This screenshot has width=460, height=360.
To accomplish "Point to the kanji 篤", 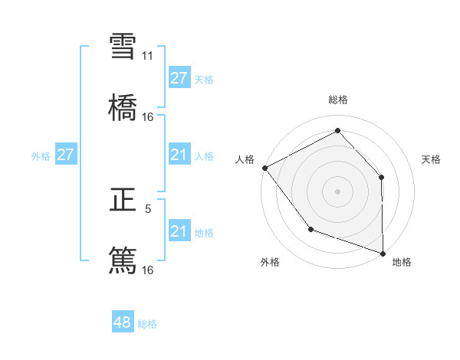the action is click(x=123, y=260).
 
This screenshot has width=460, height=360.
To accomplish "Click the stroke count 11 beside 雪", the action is click(x=148, y=56).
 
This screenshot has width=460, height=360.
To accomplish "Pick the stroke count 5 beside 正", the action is click(x=148, y=208).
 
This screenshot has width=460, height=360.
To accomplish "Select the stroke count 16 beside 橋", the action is click(x=148, y=116).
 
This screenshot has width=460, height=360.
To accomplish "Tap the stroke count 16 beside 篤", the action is click(x=148, y=270).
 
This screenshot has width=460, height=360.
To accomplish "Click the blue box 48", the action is click(x=123, y=322).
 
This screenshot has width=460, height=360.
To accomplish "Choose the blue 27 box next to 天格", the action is click(x=179, y=78).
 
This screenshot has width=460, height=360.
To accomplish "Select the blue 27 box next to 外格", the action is click(x=65, y=155).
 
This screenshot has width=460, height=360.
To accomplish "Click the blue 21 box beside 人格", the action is click(x=179, y=155).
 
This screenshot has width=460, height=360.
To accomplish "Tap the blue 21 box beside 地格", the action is click(x=179, y=231).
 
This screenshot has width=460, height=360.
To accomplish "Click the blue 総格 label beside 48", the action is click(x=147, y=324).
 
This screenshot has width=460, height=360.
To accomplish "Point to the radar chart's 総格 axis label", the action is click(x=338, y=100).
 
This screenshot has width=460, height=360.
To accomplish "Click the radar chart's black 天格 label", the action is click(x=432, y=159).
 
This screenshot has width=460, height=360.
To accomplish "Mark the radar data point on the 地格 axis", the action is click(x=383, y=253).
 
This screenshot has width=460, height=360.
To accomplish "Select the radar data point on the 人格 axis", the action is click(x=264, y=168).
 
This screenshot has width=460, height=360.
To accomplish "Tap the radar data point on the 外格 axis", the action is click(x=310, y=229).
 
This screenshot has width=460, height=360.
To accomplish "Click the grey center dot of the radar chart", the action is click(x=338, y=191).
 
